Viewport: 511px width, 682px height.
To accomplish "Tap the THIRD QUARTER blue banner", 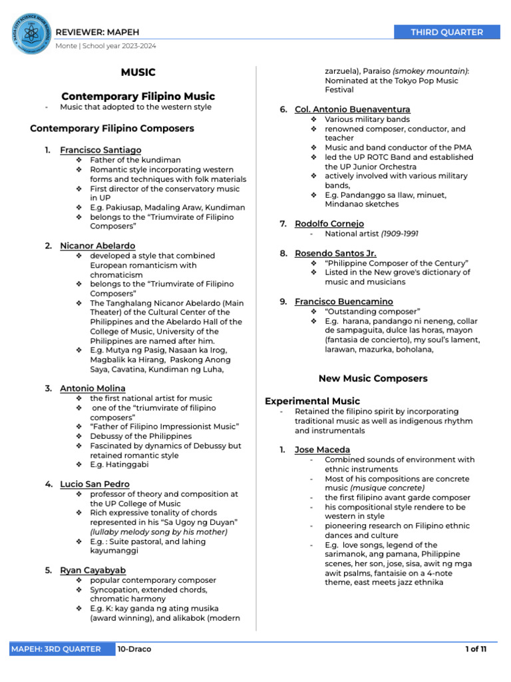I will (x=446, y=32).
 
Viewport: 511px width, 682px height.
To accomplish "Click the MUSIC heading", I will (x=138, y=72).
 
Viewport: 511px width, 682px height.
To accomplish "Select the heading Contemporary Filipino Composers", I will (x=112, y=128).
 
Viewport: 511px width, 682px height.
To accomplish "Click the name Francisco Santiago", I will (x=100, y=150).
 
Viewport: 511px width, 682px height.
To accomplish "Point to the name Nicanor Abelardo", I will (x=97, y=246).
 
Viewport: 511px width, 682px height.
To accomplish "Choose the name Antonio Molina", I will (x=92, y=388).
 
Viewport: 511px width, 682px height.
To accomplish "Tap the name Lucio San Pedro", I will (x=94, y=484).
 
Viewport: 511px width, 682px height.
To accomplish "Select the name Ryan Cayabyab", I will (x=92, y=570).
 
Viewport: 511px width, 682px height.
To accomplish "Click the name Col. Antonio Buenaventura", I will (x=352, y=109).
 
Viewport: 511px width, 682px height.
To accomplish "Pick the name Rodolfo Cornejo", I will (x=329, y=224).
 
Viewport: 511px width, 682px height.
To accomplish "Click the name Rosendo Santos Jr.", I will (x=335, y=253).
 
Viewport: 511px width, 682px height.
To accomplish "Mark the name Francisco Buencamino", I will (x=343, y=302).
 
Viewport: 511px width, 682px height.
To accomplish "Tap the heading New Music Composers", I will (x=373, y=378).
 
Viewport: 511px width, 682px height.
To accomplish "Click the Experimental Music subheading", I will (x=312, y=401).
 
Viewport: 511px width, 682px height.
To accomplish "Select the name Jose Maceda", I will (x=322, y=450).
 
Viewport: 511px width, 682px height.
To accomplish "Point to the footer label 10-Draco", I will (x=134, y=649).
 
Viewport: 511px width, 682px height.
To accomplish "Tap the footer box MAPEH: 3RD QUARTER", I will (x=56, y=649).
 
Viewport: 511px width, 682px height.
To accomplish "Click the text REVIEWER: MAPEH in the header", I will (x=97, y=33).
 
